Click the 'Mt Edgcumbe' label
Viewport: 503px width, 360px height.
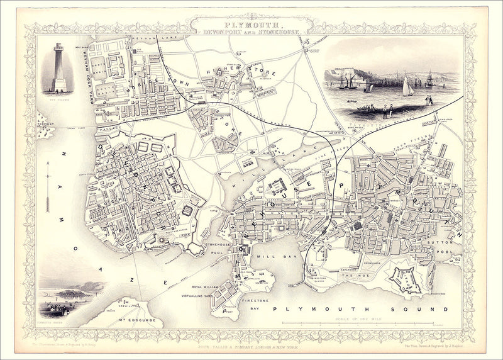tap(131, 322)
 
